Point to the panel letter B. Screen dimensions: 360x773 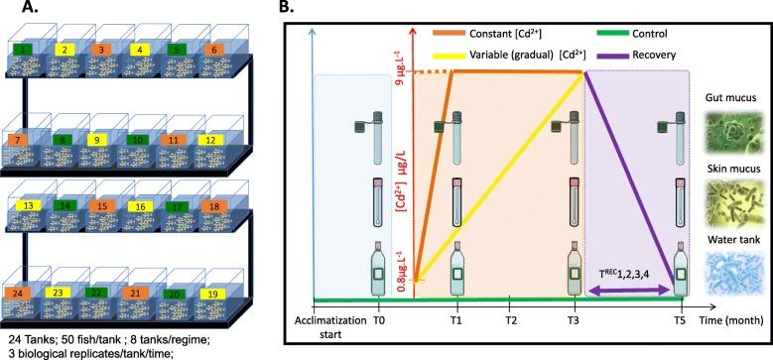click(x=312, y=10)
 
